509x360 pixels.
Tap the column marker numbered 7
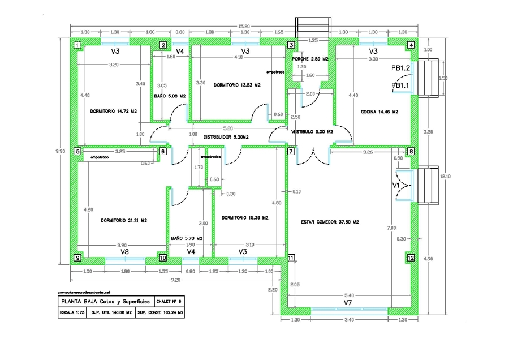(x=291, y=151)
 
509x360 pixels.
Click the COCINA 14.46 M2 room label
(x=379, y=112)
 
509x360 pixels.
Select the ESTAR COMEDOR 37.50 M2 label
(x=330, y=222)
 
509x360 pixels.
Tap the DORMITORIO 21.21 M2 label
(x=124, y=220)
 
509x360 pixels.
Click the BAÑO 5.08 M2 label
(x=170, y=96)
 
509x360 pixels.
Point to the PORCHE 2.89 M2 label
(x=310, y=59)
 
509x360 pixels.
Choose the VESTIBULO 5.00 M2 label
(x=312, y=131)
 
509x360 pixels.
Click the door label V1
(x=396, y=185)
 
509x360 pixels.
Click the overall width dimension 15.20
(x=243, y=26)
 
